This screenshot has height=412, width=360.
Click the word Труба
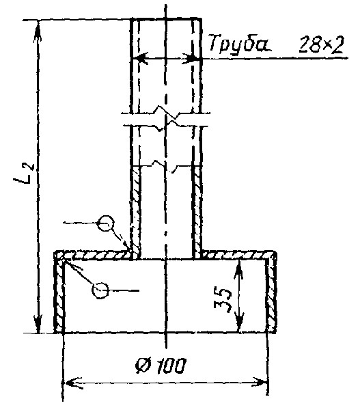click(240, 44)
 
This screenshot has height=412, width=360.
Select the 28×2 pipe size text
click(321, 44)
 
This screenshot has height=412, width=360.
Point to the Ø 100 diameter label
click(161, 366)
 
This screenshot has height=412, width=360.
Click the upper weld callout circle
click(105, 223)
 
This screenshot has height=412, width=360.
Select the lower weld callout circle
click(100, 290)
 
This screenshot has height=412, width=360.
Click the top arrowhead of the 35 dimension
click(238, 270)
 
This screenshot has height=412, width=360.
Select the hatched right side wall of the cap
click(271, 296)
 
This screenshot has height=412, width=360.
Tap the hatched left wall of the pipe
click(135, 212)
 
